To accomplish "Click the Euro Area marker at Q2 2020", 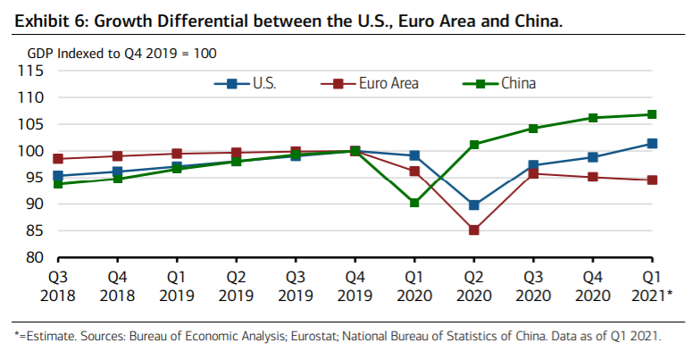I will point(474,230).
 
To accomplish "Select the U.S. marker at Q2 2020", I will point(474,205).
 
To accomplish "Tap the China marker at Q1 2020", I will point(414,203).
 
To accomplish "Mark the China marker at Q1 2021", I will point(653,114).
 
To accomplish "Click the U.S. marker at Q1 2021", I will point(653,143).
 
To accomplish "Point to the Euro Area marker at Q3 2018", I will point(57,159).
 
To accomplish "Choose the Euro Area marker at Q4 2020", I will point(593,177).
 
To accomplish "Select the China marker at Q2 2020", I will point(474,144).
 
